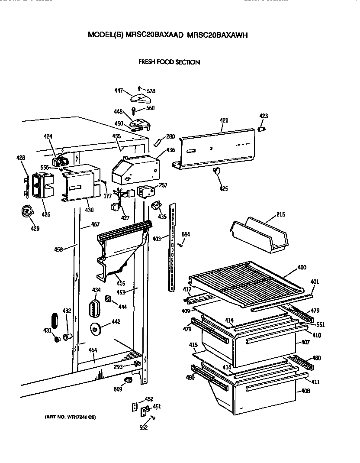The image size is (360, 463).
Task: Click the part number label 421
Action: (224, 120)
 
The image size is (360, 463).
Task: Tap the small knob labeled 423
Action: (261, 129)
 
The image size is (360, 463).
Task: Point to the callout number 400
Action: (302, 268)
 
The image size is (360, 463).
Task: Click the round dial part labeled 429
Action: (27, 211)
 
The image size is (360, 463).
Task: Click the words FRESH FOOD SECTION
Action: (169, 62)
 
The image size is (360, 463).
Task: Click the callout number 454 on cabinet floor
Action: (93, 350)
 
